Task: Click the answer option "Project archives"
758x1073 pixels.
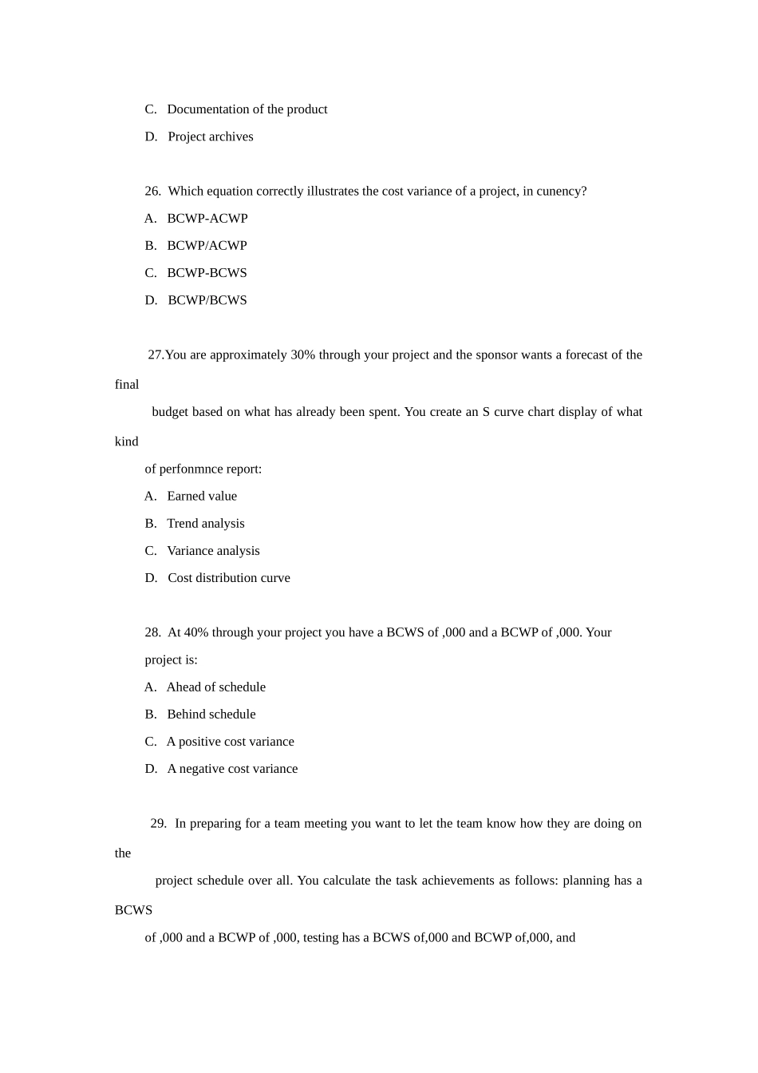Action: [x=210, y=137]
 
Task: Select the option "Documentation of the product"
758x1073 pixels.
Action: [x=247, y=109]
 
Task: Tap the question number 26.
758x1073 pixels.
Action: [x=152, y=192]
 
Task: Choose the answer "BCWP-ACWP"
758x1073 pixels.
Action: [x=207, y=219]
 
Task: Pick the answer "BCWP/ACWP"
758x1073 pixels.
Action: [x=207, y=246]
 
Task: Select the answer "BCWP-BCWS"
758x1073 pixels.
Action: [x=207, y=273]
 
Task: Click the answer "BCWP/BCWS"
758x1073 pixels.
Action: [x=207, y=300]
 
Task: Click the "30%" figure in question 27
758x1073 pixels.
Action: [x=302, y=355]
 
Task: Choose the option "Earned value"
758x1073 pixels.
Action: [x=202, y=497]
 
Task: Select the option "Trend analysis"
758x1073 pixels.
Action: [x=205, y=524]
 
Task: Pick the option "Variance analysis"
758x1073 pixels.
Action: [x=213, y=551]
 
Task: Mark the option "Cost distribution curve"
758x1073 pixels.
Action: [x=229, y=578]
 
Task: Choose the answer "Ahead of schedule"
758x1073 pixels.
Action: [x=215, y=687]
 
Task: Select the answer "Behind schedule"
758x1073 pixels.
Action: [x=211, y=715]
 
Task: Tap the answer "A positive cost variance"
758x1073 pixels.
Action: [x=230, y=742]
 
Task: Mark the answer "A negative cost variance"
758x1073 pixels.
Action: [x=232, y=769]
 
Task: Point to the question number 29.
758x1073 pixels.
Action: [x=158, y=824]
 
